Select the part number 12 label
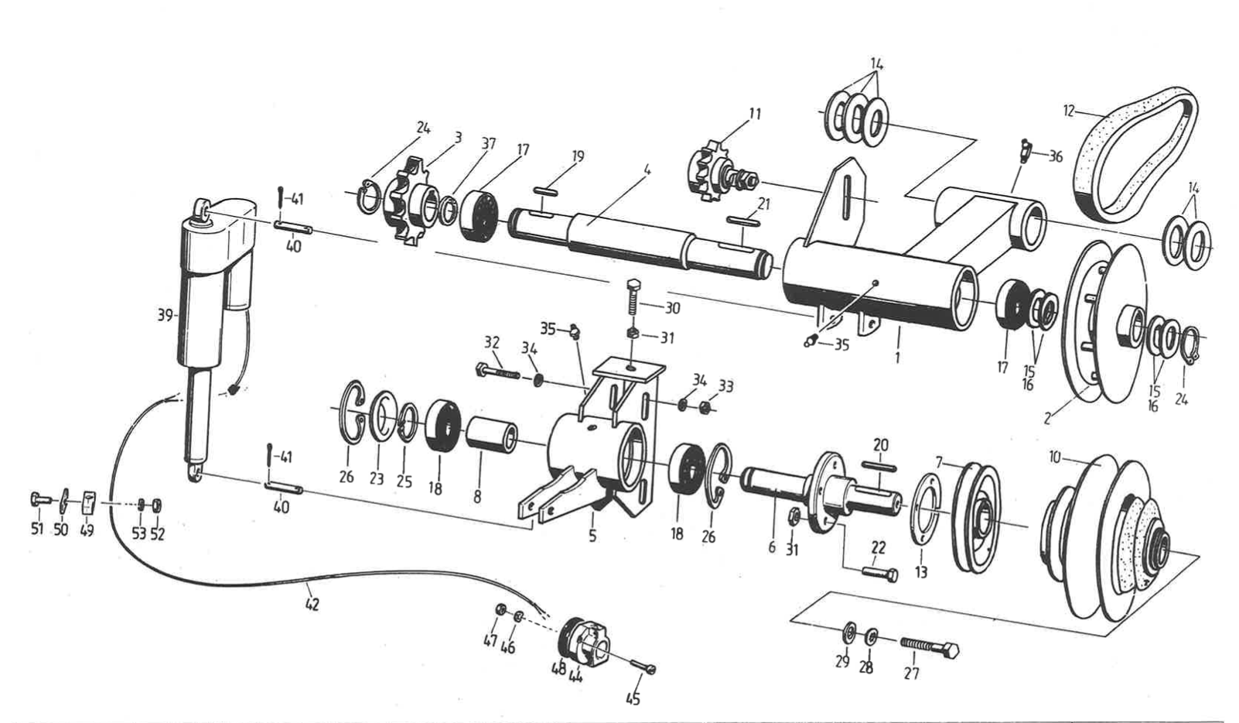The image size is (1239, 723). [x=1069, y=111]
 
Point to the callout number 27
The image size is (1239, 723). [x=912, y=673]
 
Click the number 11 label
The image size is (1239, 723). [x=754, y=115]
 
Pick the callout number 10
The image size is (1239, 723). [x=1055, y=457]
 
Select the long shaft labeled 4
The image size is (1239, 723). [x=634, y=236]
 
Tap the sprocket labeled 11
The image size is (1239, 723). [x=708, y=173]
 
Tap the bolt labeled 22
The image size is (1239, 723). [x=879, y=574]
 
